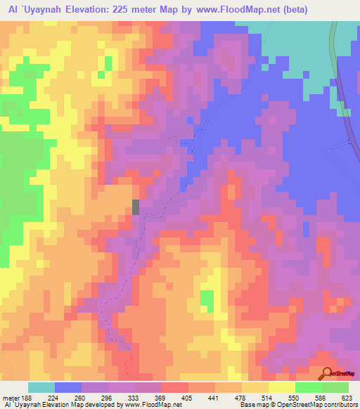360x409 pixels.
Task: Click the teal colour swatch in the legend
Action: (x=41, y=387)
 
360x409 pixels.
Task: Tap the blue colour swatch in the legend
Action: (x=68, y=387)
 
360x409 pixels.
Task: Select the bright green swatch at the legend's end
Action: (x=335, y=387)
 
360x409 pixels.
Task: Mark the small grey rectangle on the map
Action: (x=136, y=207)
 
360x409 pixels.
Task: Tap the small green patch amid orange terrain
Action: (x=207, y=300)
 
